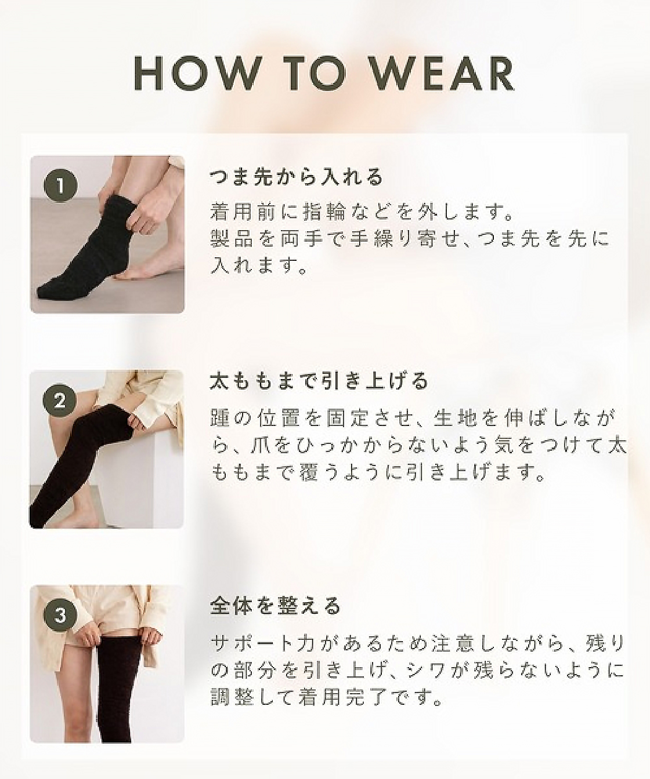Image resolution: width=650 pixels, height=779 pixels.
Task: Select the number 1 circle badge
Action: point(60,186)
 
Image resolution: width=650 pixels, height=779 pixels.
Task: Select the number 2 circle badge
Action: point(60,401)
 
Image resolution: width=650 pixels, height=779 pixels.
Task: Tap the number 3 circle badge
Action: point(60,616)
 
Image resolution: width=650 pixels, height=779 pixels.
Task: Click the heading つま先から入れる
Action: point(297,177)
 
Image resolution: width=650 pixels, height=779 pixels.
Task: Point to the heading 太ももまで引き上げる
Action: point(319,381)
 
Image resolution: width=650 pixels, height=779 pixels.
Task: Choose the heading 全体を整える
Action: point(275,606)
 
